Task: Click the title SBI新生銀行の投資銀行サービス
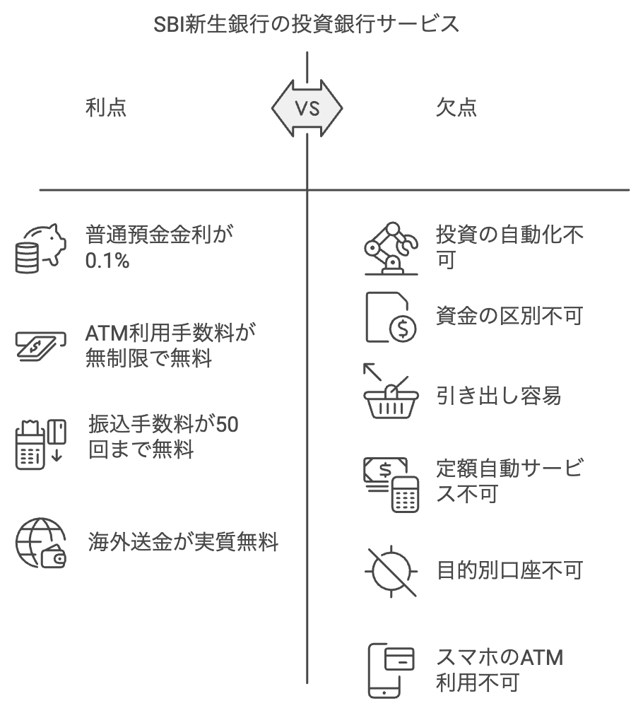(x=307, y=25)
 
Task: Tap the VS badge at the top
(x=307, y=108)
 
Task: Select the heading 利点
(x=106, y=107)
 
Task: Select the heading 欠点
(x=456, y=107)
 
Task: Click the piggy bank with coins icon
(x=40, y=248)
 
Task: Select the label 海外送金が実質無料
(x=182, y=543)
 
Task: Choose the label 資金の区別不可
(x=509, y=316)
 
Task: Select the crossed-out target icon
(x=391, y=570)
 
